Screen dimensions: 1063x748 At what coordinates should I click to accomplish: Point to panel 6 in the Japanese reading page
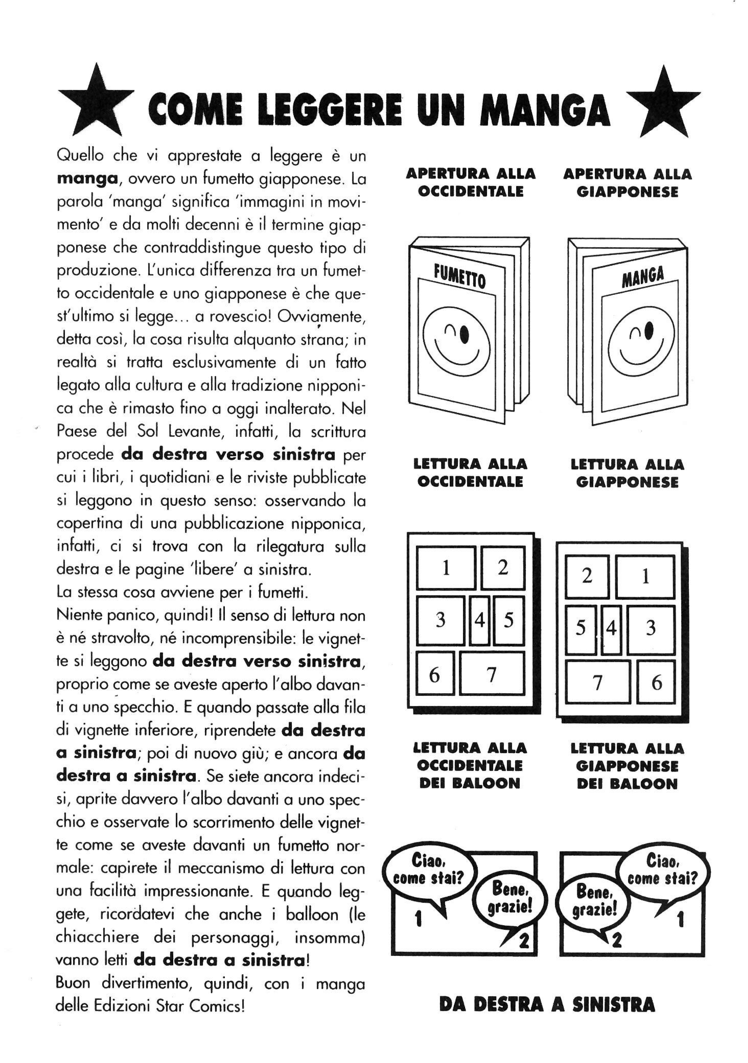point(656,682)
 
